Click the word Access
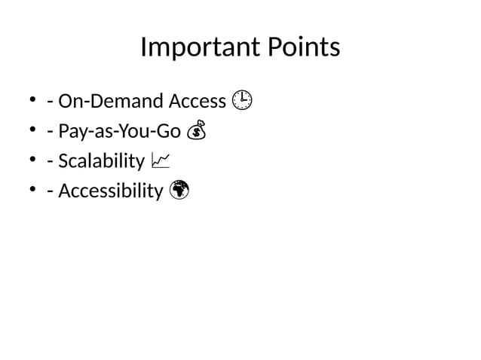coord(198,101)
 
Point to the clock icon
coord(242,100)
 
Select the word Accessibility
coord(110,192)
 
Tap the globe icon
coord(179,191)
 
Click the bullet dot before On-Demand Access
coord(33,101)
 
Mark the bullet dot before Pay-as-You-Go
coord(33,132)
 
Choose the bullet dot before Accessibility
coord(33,192)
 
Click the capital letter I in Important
coord(144,49)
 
